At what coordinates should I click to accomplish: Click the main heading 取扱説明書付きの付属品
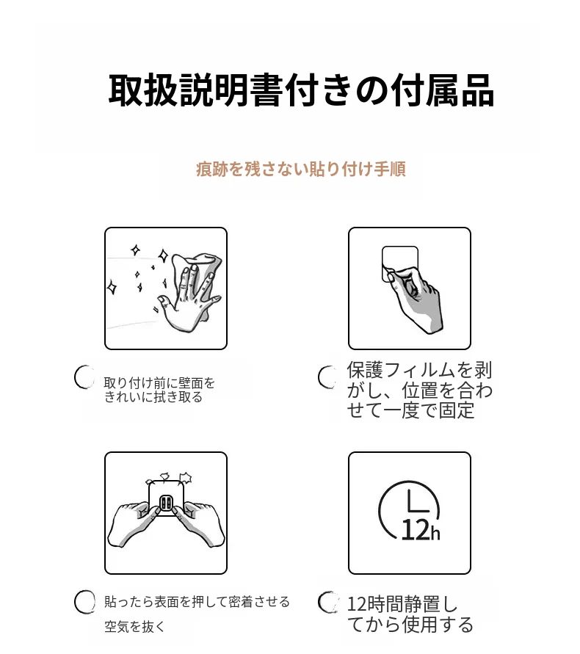pos(301,91)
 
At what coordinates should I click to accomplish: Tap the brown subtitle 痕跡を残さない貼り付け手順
pos(301,169)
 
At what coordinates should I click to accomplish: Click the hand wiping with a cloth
pos(190,292)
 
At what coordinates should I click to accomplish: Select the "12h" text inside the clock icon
pos(421,530)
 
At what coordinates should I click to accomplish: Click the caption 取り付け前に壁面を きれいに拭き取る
pos(159,390)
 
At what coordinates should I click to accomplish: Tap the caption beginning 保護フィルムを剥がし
pos(419,390)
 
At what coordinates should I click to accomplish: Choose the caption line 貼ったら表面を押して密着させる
pos(197,601)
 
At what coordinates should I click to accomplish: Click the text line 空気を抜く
pos(134,626)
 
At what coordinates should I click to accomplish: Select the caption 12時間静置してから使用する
pos(410,614)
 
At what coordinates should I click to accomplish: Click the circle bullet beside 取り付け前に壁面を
pos(84,377)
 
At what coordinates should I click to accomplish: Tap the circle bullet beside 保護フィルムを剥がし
pos(327,377)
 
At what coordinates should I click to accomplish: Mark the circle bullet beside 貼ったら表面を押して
pos(84,602)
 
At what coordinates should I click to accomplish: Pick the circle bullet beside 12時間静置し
pos(327,602)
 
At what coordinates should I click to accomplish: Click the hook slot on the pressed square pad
pos(166,504)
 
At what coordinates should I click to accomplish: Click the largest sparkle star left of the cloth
pos(163,255)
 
